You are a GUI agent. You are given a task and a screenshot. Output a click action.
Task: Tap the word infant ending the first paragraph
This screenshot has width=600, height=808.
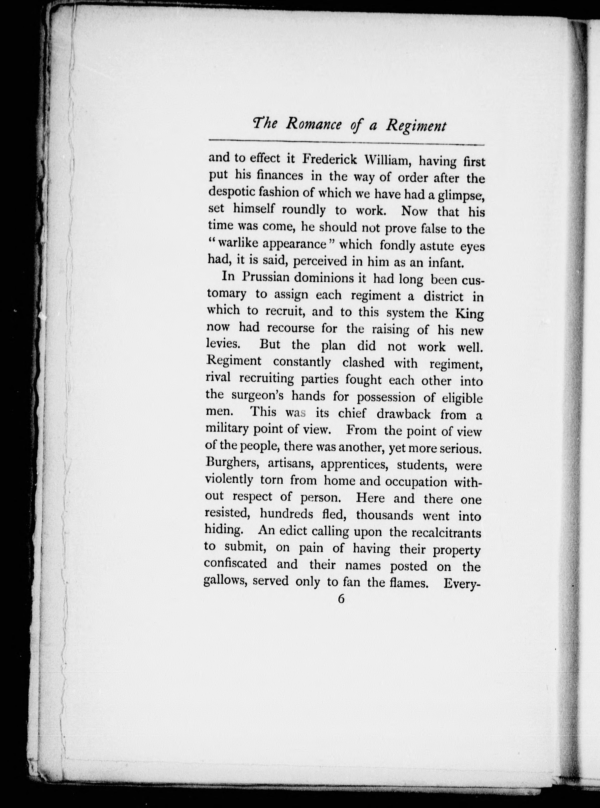444,263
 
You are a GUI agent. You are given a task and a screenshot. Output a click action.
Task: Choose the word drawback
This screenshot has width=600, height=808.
403,414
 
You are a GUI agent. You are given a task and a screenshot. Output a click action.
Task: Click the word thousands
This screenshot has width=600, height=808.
385,515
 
